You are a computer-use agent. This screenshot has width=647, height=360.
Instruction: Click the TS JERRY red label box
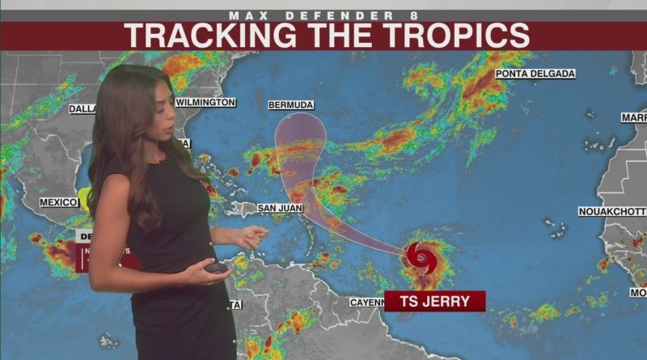click(434, 301)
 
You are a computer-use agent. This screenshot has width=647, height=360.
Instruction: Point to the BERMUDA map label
click(290, 105)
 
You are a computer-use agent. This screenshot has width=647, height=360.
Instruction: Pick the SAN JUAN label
click(280, 208)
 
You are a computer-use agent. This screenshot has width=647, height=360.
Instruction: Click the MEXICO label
click(58, 201)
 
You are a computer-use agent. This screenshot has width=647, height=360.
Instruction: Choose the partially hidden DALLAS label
click(82, 108)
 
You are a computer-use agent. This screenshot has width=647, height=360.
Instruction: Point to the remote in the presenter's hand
click(216, 266)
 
